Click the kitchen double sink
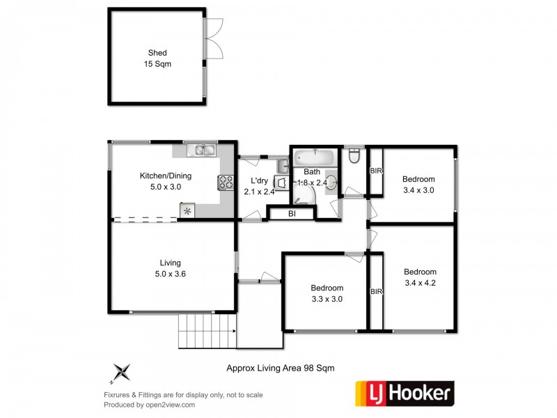click(x=203, y=149)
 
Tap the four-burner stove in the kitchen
click(x=226, y=183)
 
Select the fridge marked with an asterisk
click(x=187, y=210)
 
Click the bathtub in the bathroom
click(x=314, y=157)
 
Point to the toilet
click(x=354, y=156)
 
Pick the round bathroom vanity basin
click(x=331, y=183)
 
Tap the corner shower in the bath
click(x=304, y=195)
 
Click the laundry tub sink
click(x=283, y=167)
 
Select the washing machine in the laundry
click(x=281, y=183)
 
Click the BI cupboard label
click(x=292, y=214)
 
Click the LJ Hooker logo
click(x=405, y=394)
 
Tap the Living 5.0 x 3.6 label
click(x=170, y=268)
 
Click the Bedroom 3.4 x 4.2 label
click(x=420, y=277)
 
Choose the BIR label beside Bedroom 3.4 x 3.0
click(x=376, y=171)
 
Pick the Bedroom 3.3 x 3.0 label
click(x=327, y=293)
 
